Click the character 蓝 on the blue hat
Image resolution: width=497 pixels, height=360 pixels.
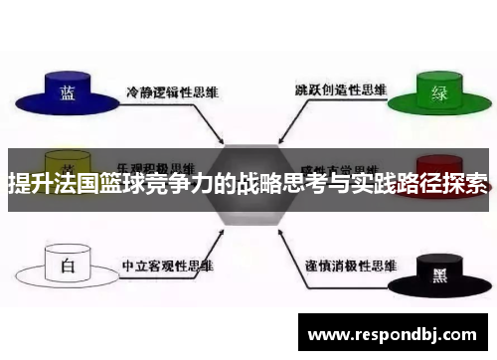pos(68,92)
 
